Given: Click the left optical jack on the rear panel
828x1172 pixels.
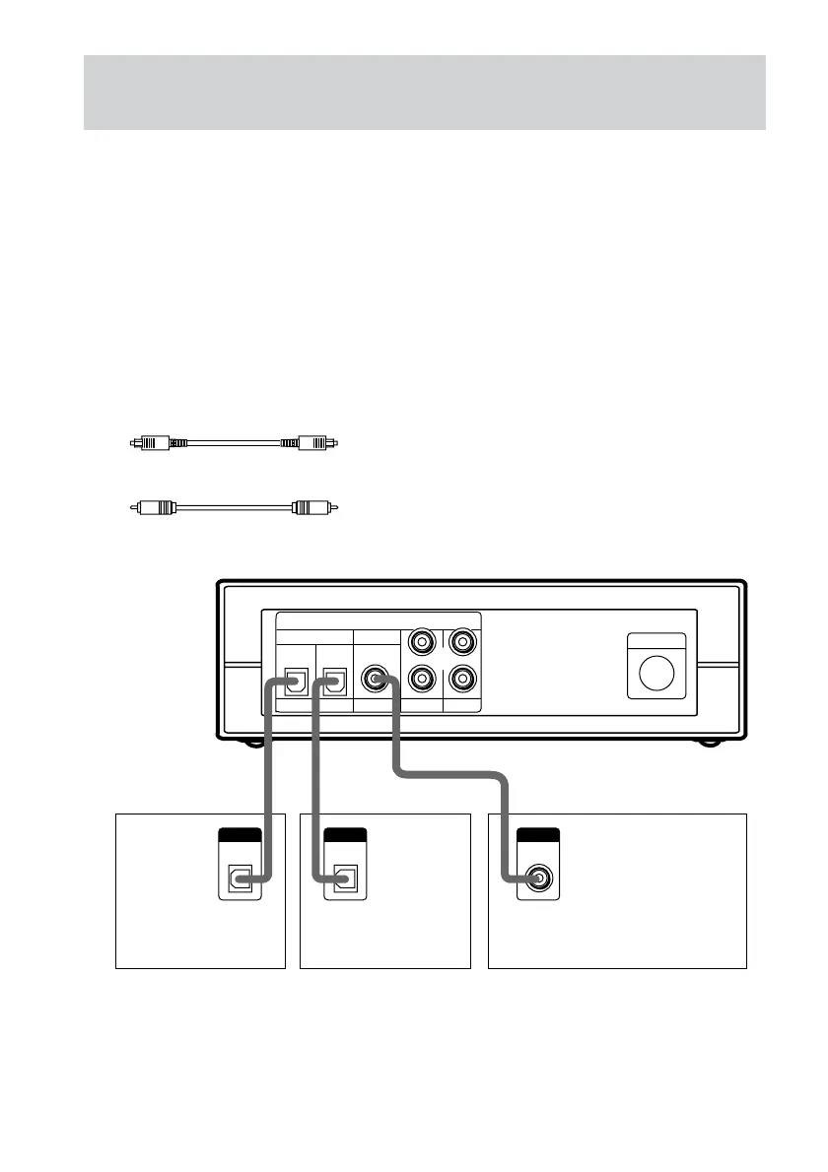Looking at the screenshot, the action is [294, 679].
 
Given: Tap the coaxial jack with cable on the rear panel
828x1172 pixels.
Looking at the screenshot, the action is [377, 679].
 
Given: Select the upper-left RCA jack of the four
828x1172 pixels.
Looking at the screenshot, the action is [422, 643].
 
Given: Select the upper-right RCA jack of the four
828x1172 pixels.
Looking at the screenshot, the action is [461, 643].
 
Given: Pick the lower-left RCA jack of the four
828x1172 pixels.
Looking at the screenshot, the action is [422, 679].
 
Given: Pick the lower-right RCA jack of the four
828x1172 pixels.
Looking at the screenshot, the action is [461, 679].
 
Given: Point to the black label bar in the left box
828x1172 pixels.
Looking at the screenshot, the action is [240, 835].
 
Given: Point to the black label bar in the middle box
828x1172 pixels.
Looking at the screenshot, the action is [345, 835].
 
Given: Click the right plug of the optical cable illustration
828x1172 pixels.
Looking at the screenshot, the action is [313, 443].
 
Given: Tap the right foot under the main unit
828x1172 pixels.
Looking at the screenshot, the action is [709, 744].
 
